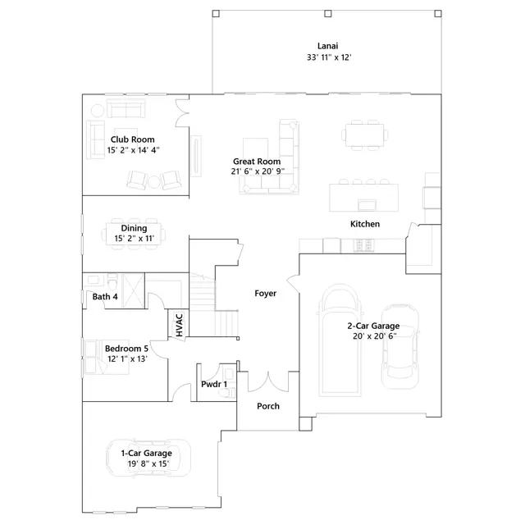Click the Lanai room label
pos(328,46)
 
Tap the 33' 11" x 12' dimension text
pos(329,57)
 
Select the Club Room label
pos(133,139)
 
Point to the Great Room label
pos(257,162)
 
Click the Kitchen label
pos(365,224)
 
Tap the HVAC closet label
pos(180,325)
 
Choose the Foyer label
pos(266,294)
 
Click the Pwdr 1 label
pos(214,384)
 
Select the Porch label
pos(268,406)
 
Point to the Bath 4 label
pos(105,297)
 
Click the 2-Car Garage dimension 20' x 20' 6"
pos(375,336)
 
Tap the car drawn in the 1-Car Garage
pos(148,458)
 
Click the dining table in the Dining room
pos(134,233)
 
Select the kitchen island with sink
pos(364,197)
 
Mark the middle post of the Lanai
pos(328,13)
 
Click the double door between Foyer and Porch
pos(268,381)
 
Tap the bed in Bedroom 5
pos(107,357)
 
